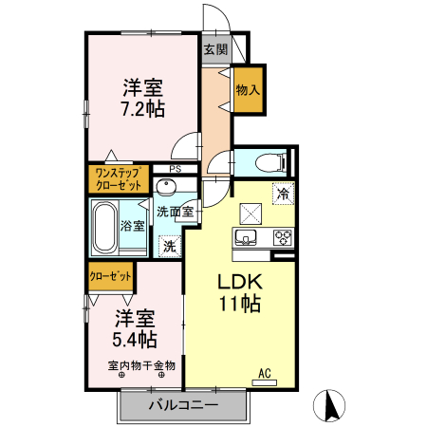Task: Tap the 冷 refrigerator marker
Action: tap(282, 193)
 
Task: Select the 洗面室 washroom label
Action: tap(176, 212)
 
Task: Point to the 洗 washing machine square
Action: tap(168, 246)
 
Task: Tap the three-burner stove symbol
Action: tap(283, 237)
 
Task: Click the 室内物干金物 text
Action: tap(141, 364)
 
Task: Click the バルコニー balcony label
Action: tap(183, 406)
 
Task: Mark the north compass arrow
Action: tap(332, 405)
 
